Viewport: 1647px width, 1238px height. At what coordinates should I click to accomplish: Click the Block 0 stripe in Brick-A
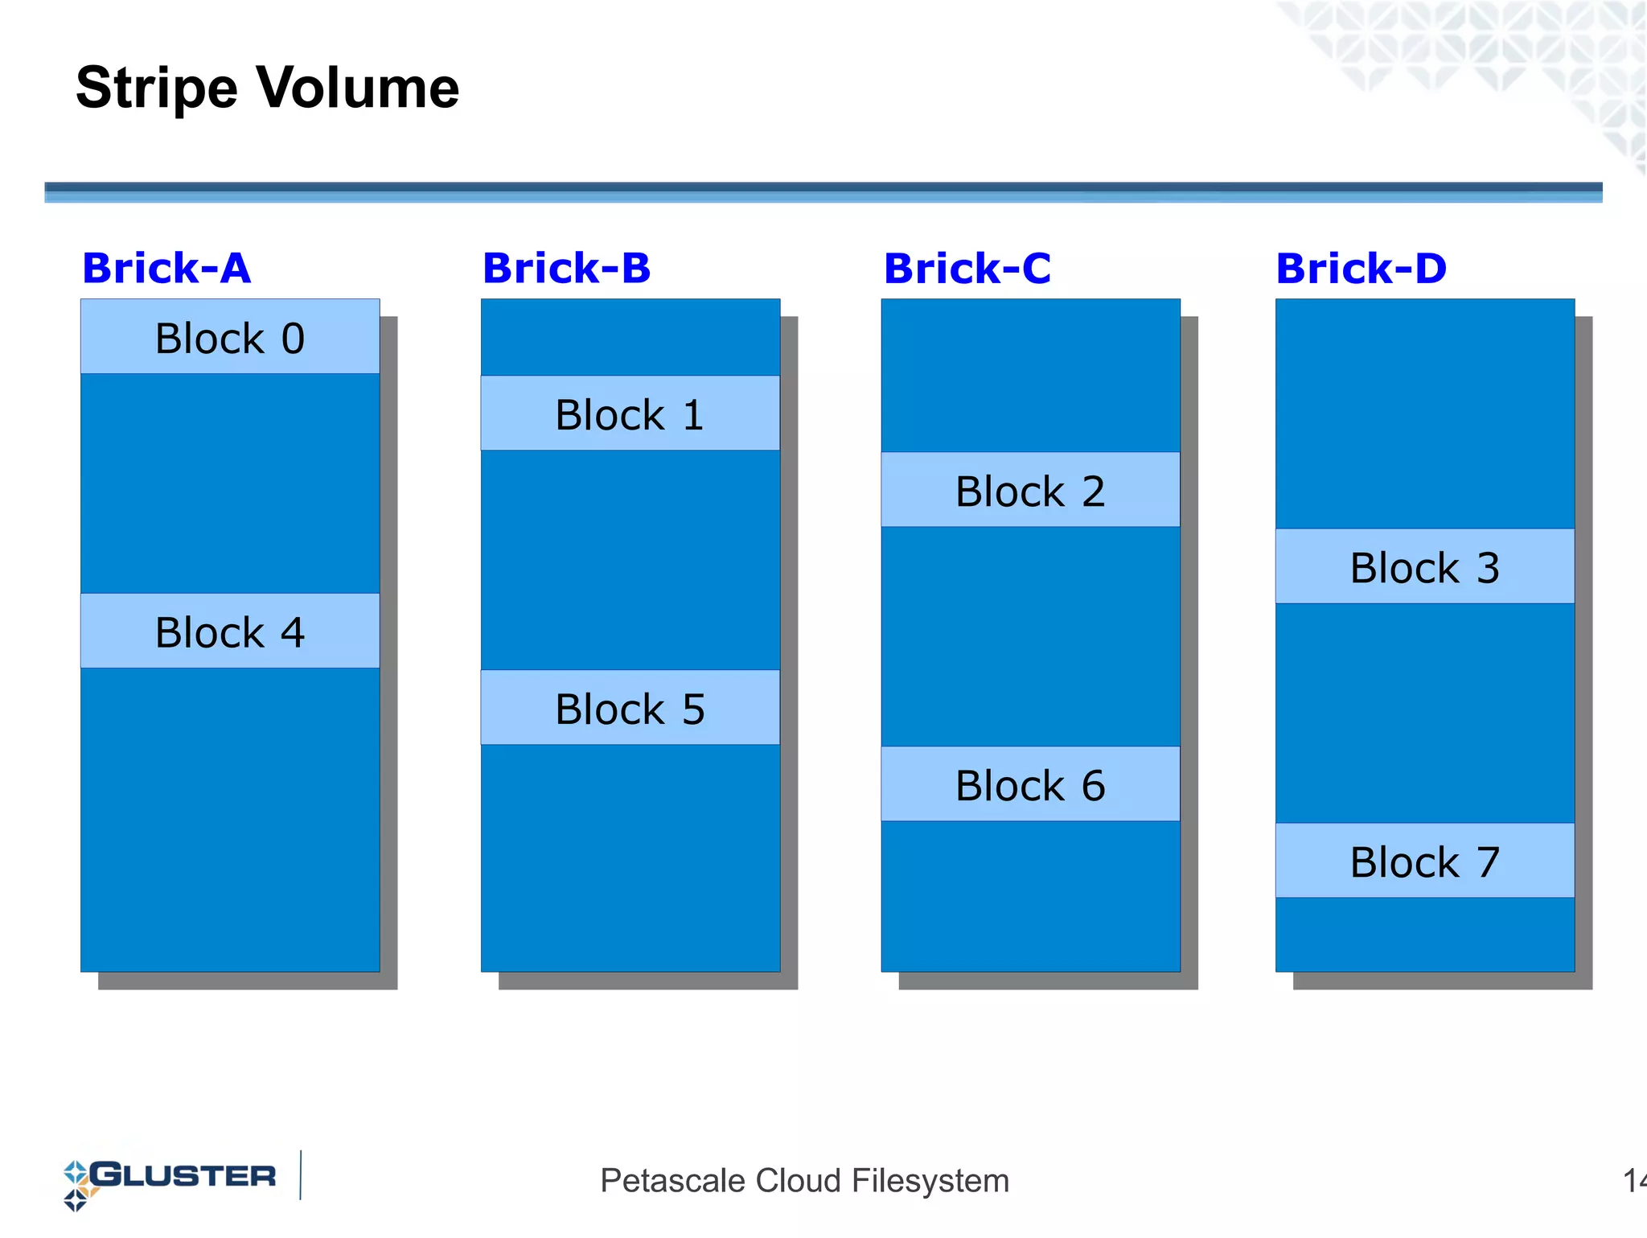230,337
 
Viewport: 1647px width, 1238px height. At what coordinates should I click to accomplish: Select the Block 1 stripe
630,413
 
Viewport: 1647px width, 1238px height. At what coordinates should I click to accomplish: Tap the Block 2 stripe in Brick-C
1030,490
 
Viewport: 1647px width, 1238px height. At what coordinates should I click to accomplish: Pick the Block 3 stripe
1424,566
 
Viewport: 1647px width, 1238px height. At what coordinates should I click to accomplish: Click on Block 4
230,631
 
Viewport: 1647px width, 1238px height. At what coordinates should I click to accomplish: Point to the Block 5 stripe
630,708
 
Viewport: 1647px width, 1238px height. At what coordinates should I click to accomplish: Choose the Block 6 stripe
1030,784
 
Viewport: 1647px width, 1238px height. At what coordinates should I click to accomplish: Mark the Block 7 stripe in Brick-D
1424,861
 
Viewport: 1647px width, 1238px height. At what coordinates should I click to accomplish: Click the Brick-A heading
166,268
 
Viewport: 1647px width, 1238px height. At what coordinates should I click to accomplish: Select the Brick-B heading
566,268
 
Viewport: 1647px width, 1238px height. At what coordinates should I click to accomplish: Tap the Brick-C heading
967,268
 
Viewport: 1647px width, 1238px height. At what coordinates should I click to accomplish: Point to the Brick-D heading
1361,268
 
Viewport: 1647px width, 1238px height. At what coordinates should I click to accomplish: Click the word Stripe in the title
157,88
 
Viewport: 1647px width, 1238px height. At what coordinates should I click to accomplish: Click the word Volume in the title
358,87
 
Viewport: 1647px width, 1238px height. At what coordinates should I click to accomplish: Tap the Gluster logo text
183,1176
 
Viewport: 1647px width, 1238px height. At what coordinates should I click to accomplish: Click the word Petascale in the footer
672,1181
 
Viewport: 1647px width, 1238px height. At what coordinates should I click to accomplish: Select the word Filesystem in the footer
930,1181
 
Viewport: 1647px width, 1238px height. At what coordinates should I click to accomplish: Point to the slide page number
1634,1181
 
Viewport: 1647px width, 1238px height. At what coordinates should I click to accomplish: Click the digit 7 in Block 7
1488,862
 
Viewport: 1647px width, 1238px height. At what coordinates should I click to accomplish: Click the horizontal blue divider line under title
823,191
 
